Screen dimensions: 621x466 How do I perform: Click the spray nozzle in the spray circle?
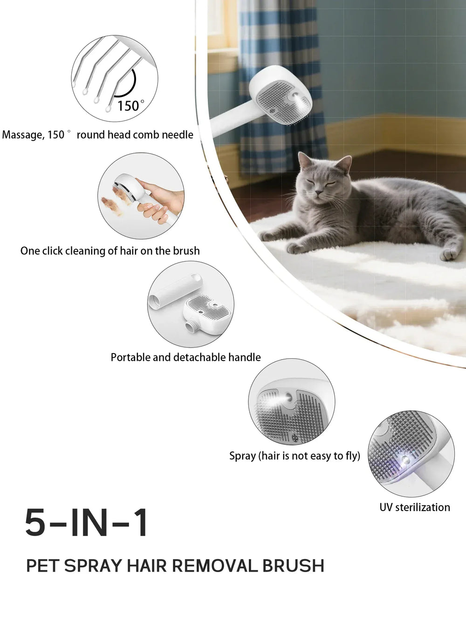pos(289,397)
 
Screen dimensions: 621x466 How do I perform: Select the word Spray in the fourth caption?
pos(242,456)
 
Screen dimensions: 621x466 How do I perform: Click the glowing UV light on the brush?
pos(404,460)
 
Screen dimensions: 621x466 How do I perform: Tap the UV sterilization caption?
pos(414,507)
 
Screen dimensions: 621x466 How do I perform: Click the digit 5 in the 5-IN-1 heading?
pos(35,523)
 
